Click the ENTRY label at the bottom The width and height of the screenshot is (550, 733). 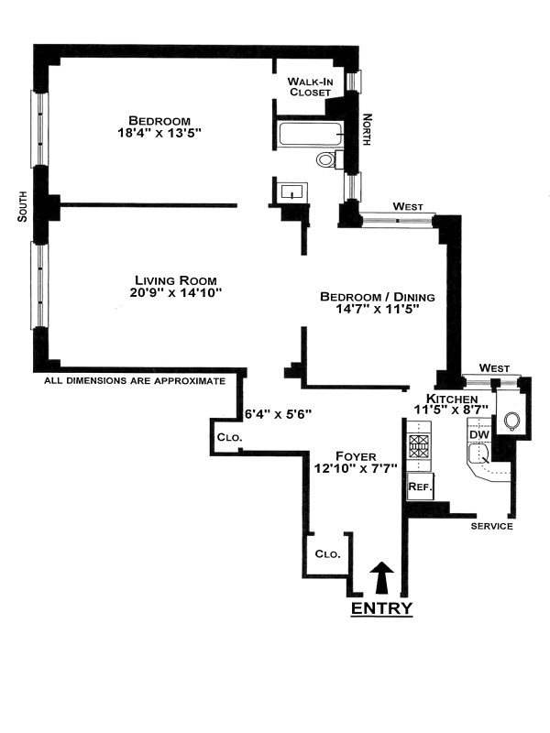coord(382,608)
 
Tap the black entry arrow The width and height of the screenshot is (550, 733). coord(383,579)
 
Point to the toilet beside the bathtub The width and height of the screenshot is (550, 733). coord(326,160)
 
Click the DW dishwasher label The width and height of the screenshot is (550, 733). coord(478,435)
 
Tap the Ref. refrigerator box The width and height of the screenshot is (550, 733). coord(420,487)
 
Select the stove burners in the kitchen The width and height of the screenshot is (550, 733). coord(419,447)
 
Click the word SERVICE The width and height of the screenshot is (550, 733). coord(491,527)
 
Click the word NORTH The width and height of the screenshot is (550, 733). coord(367,129)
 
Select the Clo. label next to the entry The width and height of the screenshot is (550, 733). coord(327,554)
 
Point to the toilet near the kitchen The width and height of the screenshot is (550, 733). coord(511,421)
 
